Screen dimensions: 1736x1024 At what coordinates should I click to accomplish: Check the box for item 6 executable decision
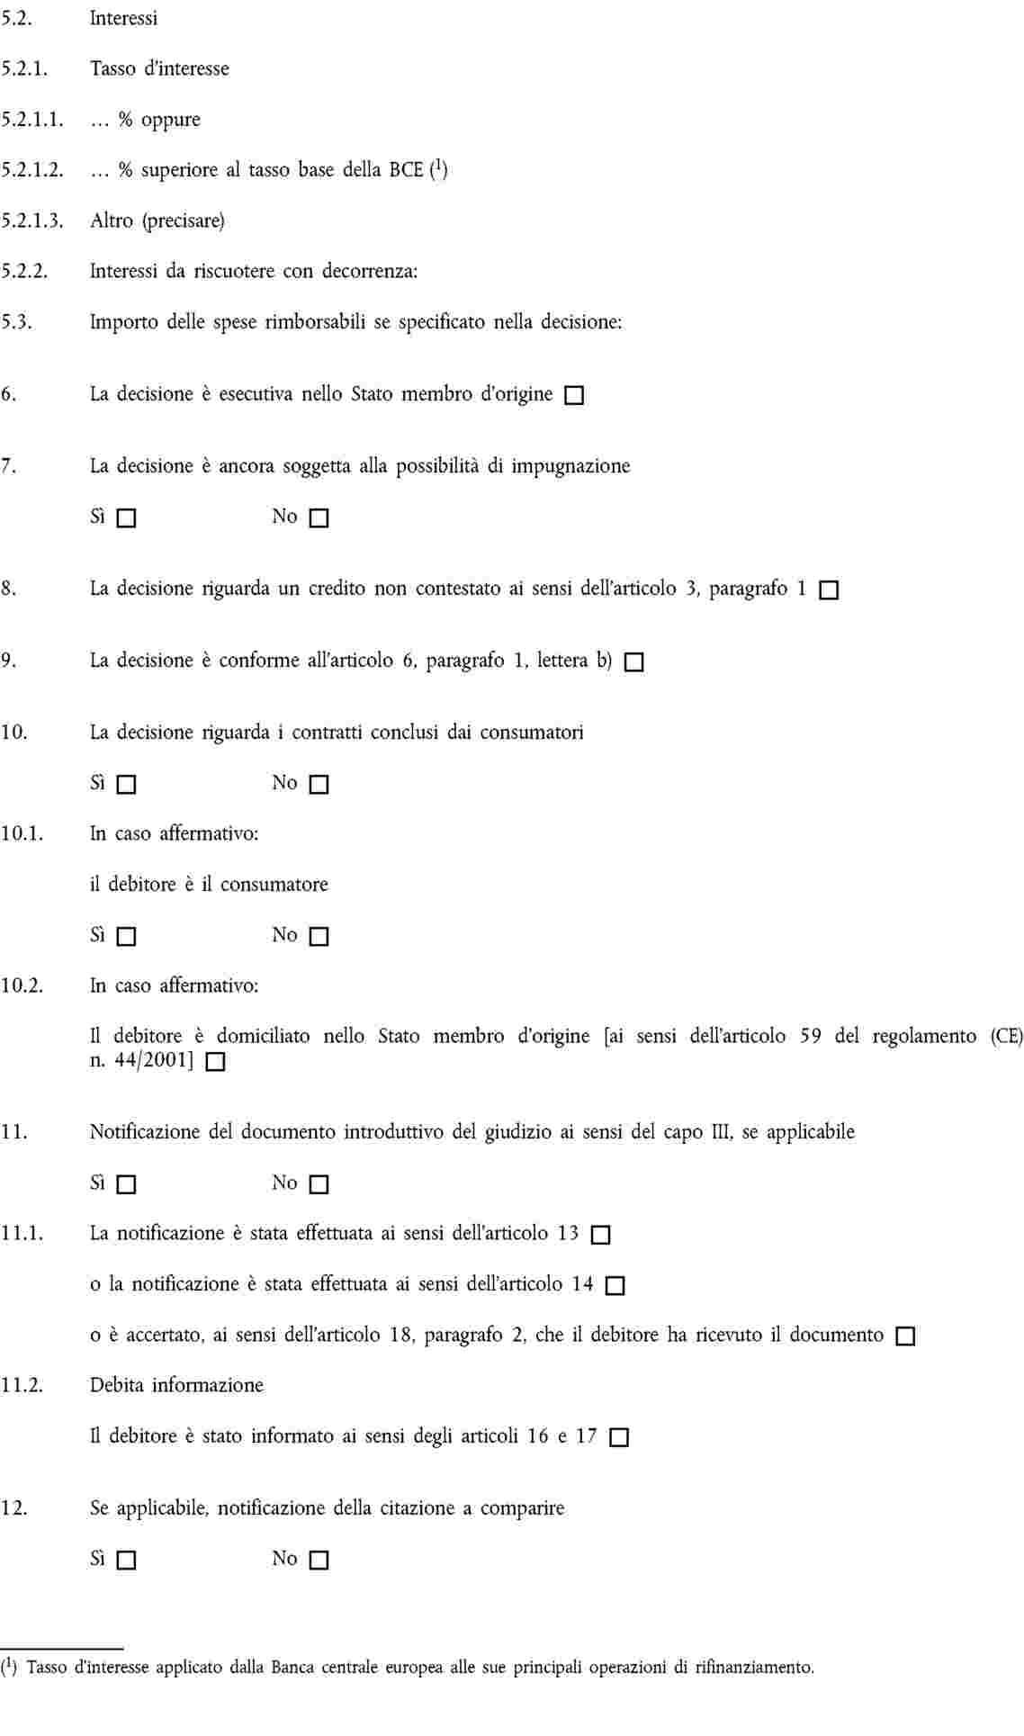coord(574,395)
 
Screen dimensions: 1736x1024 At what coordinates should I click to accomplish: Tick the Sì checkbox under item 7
coord(127,518)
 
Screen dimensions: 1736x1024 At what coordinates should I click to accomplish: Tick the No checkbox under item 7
coord(319,518)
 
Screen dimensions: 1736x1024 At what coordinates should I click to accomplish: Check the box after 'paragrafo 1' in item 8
coord(829,590)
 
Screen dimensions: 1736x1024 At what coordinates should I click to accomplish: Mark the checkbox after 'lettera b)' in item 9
coord(634,662)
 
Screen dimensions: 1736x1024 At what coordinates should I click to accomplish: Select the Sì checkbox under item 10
coord(127,785)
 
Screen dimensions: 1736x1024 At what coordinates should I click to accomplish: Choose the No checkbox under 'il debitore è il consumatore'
coord(319,937)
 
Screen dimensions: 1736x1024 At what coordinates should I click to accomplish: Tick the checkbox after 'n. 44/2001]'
coord(215,1062)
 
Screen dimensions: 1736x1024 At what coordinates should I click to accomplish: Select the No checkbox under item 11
coord(319,1184)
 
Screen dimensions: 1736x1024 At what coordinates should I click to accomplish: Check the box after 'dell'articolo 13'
coord(600,1235)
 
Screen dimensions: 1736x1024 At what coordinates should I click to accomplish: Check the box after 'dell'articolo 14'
coord(615,1286)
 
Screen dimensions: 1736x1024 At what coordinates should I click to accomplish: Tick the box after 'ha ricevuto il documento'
coord(905,1336)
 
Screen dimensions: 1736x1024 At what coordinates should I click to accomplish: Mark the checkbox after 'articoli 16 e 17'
coord(619,1437)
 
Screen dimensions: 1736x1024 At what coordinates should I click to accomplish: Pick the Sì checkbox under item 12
coord(127,1560)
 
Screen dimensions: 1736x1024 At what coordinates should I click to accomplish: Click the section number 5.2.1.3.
coord(31,220)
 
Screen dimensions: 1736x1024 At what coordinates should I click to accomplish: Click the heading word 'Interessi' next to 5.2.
coord(123,18)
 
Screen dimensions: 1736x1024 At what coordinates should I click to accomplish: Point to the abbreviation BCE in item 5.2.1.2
coord(406,170)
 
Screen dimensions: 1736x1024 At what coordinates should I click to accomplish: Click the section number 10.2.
coord(22,985)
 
